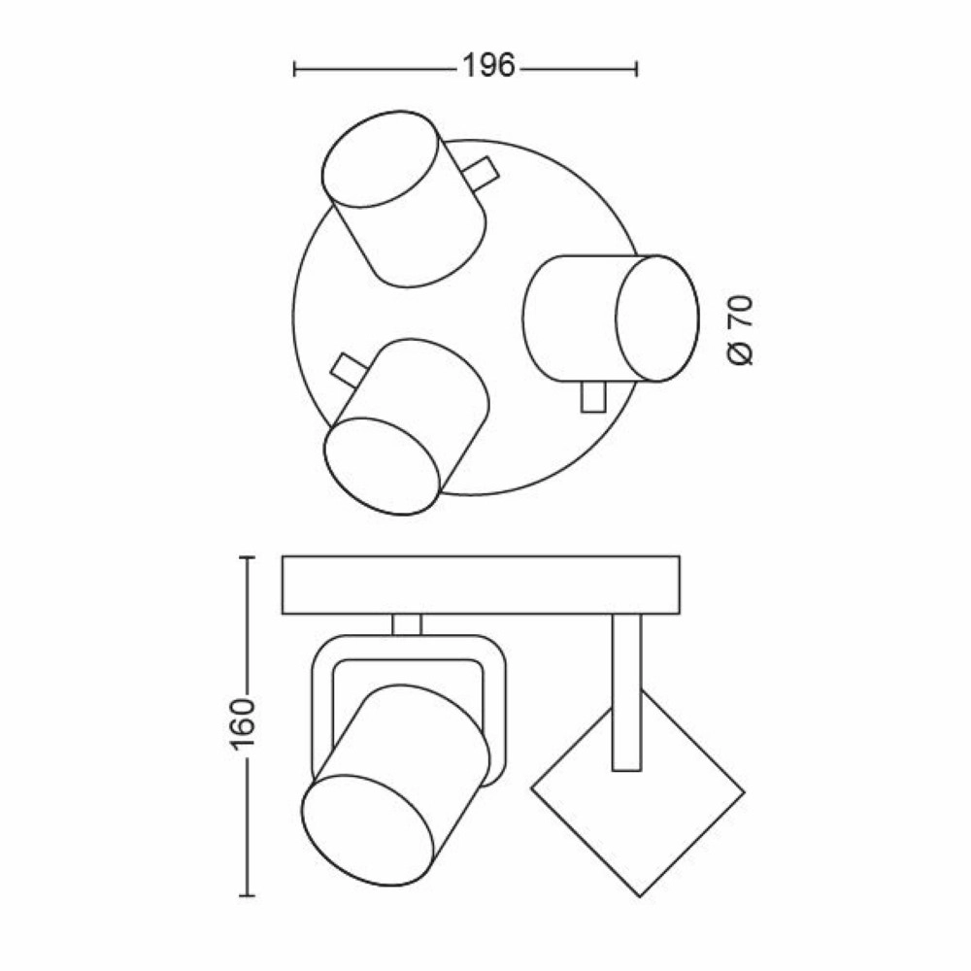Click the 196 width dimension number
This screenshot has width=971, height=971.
[x=487, y=67]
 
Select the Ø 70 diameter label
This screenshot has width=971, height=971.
[x=741, y=330]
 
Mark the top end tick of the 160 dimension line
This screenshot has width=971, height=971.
[x=247, y=558]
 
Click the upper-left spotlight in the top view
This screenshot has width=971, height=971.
[x=403, y=200]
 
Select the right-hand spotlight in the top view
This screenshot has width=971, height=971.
[x=610, y=318]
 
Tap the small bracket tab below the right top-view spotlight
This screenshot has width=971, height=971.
[x=591, y=397]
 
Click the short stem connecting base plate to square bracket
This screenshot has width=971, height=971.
[x=407, y=624]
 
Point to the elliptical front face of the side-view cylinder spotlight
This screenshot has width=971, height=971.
[x=368, y=818]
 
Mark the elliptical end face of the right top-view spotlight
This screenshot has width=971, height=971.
[x=657, y=318]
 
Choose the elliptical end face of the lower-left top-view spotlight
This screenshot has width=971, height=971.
[x=381, y=464]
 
